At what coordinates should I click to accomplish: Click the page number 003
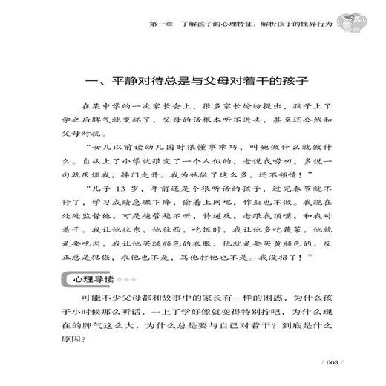coord(330,362)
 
